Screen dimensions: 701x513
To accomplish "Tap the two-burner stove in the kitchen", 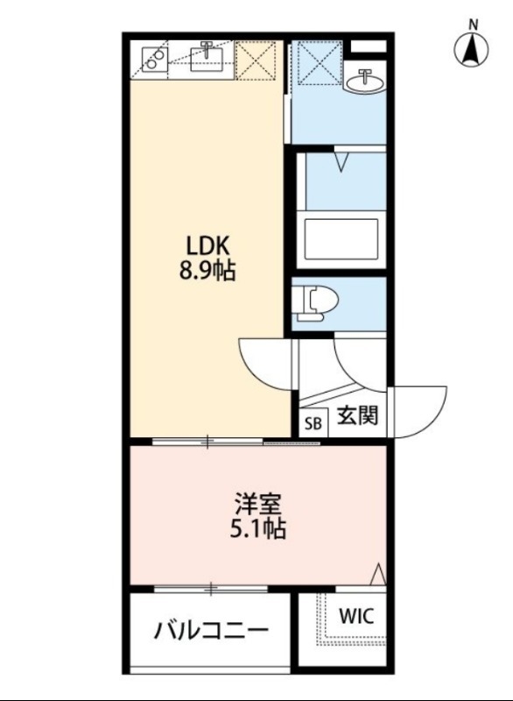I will (155, 59).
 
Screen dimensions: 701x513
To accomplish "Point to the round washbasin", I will (363, 81).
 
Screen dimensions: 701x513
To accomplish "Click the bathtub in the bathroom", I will (339, 238).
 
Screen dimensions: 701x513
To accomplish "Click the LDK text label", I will (207, 245).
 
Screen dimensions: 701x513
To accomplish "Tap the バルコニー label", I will (211, 630).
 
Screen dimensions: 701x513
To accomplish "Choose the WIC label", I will (355, 616).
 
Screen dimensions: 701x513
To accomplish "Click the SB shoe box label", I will (313, 423).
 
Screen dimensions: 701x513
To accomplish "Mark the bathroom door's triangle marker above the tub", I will (342, 162).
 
